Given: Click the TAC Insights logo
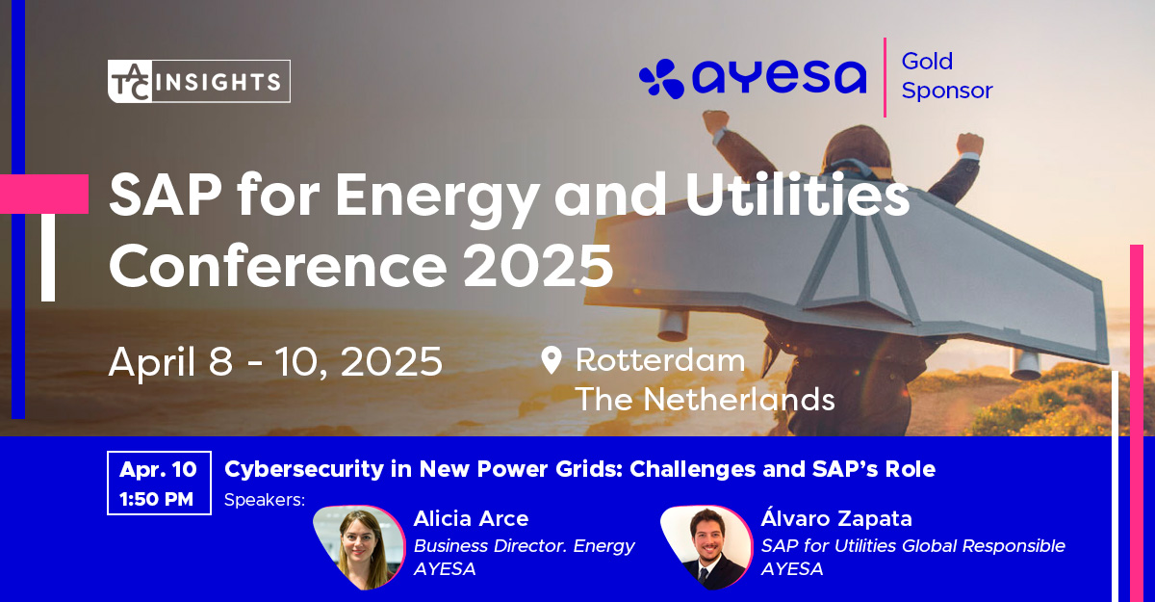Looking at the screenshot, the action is [x=199, y=81].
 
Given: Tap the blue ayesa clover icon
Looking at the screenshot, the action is [x=661, y=78].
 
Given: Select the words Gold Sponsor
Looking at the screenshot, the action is [x=947, y=76].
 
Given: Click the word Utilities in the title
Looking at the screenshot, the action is [x=797, y=196].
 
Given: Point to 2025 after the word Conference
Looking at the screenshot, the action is [x=538, y=266].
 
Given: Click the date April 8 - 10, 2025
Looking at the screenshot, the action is [x=275, y=362].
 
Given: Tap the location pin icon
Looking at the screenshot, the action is [x=552, y=360].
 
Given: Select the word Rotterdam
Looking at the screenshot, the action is [x=660, y=359].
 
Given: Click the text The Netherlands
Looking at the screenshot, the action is [x=705, y=400].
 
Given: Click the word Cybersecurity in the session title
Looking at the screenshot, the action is [x=305, y=469].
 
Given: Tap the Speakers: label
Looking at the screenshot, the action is [x=265, y=499].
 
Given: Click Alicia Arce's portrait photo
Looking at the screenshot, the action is [x=359, y=547].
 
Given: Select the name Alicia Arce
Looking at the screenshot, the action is [x=471, y=518].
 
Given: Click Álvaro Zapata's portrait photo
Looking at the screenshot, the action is [x=706, y=547].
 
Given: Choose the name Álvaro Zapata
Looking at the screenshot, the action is [x=836, y=517].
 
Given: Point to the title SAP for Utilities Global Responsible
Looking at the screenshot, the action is [x=912, y=545].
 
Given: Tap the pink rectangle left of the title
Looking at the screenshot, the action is [x=44, y=194].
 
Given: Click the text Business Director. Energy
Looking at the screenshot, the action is [x=524, y=546].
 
